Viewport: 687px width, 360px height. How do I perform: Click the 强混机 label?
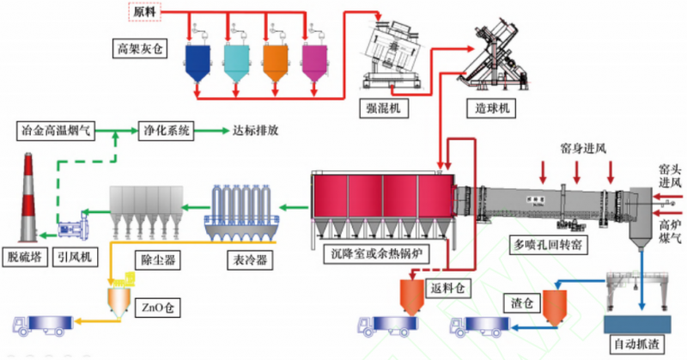pyautogui.click(x=382, y=109)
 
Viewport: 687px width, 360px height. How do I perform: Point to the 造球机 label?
pyautogui.click(x=493, y=109)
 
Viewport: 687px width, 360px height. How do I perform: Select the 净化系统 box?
pyautogui.click(x=167, y=131)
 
